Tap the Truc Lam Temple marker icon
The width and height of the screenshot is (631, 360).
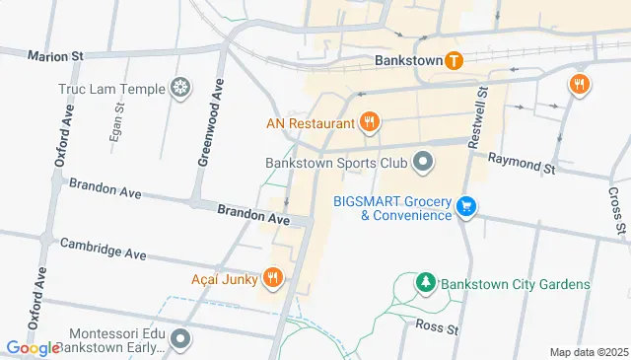pos(180,88)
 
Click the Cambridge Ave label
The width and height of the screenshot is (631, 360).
pos(104,249)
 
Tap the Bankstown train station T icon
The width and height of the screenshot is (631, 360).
pos(454,60)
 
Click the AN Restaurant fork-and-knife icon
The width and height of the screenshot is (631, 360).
pos(370,123)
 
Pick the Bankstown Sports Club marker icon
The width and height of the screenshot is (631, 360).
pos(423,161)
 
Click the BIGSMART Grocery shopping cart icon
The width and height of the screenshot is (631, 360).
pos(467,207)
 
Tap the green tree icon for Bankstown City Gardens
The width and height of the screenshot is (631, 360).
pos(425,283)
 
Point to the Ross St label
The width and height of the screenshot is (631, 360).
pos(437,325)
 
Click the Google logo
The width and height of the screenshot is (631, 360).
pos(33,348)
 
